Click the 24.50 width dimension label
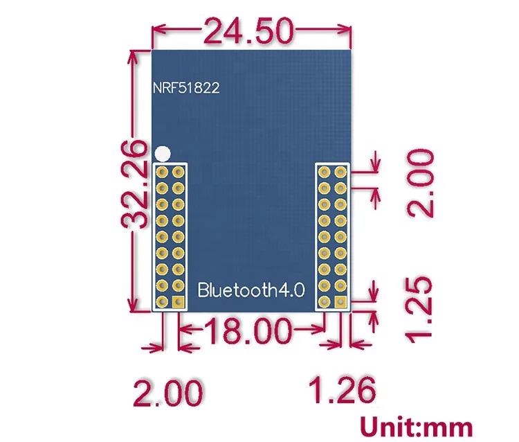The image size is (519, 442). point(248,30)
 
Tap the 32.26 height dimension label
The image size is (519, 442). point(134,184)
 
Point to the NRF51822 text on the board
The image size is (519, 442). point(187,89)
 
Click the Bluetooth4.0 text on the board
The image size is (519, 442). point(251,289)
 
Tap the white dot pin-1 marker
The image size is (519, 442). point(163,152)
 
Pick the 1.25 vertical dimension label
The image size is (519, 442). point(421,309)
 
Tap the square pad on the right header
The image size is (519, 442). point(340,302)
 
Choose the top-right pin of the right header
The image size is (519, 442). point(340,170)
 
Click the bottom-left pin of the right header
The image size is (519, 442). point(324,302)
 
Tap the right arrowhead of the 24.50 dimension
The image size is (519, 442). point(347,30)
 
